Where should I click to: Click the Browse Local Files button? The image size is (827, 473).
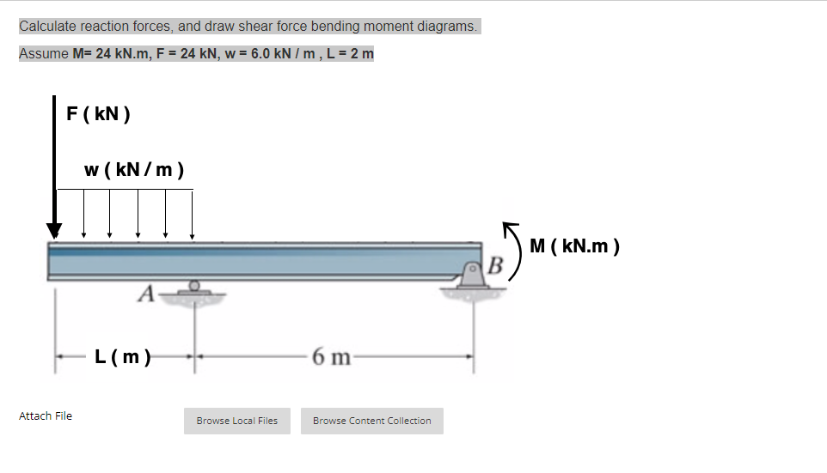[236, 421]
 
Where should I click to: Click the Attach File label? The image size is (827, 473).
[46, 416]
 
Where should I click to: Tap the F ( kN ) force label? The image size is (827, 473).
[99, 113]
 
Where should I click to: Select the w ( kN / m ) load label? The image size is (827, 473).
[133, 168]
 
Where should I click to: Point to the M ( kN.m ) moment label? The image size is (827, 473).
[574, 247]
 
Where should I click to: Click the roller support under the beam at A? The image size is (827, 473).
[195, 288]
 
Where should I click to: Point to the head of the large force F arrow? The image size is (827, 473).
[55, 230]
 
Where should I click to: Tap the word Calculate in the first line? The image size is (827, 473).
[48, 26]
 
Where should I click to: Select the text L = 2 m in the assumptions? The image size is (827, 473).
[349, 53]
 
